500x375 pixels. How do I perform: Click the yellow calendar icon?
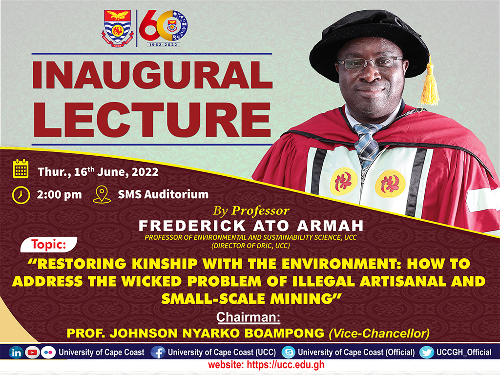point(21,168)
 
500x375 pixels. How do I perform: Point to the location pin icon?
point(101,194)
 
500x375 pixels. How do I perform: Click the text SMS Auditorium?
point(163,194)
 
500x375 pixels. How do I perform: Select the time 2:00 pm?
point(60,194)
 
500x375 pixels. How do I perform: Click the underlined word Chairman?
point(249,318)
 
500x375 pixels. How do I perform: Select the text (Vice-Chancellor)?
point(379,333)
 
